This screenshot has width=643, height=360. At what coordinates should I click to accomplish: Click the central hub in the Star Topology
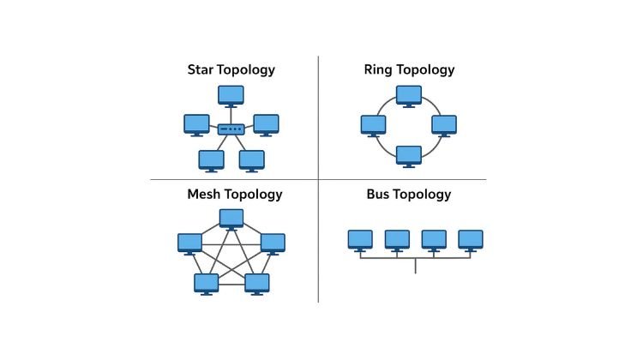pyautogui.click(x=231, y=130)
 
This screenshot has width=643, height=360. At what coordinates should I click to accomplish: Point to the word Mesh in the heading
pyautogui.click(x=204, y=195)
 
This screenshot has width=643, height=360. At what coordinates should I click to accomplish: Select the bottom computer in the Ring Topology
pyautogui.click(x=408, y=155)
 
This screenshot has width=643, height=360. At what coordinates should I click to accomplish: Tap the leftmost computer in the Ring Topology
pyautogui.click(x=373, y=124)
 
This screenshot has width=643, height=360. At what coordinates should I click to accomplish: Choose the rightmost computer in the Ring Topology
pyautogui.click(x=443, y=124)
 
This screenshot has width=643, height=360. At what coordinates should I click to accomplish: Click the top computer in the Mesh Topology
pyautogui.click(x=231, y=218)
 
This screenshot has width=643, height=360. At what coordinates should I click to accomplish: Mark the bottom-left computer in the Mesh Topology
pyautogui.click(x=206, y=284)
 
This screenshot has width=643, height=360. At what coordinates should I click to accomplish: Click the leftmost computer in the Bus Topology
pyautogui.click(x=360, y=239)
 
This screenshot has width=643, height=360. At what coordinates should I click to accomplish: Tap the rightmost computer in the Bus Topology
pyautogui.click(x=471, y=239)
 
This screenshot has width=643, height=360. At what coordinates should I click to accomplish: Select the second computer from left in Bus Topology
pyautogui.click(x=397, y=239)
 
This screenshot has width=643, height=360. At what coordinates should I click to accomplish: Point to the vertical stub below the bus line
pyautogui.click(x=416, y=265)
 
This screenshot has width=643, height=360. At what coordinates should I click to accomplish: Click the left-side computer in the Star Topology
pyautogui.click(x=196, y=124)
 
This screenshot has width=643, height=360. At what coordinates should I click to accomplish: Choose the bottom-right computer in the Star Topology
pyautogui.click(x=251, y=159)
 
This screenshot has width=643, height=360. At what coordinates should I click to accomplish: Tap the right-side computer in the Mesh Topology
pyautogui.click(x=273, y=243)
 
